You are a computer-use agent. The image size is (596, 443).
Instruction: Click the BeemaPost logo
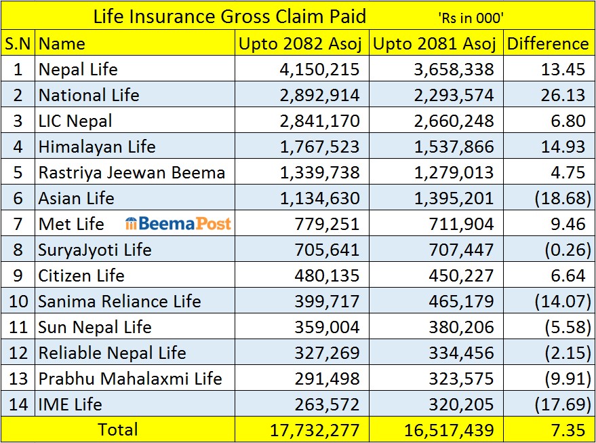(178, 224)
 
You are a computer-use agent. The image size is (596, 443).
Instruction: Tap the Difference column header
(548, 44)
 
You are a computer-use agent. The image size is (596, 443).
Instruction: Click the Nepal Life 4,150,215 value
(319, 70)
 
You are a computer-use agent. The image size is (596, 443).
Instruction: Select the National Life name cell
(89, 96)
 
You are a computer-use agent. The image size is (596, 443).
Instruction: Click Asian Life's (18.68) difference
(562, 199)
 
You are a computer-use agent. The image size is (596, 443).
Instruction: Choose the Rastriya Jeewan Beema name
(132, 173)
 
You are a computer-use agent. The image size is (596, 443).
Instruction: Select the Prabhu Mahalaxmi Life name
(130, 379)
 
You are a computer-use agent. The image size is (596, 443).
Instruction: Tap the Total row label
(118, 429)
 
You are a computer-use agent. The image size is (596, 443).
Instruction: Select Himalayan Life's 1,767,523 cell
(319, 147)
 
